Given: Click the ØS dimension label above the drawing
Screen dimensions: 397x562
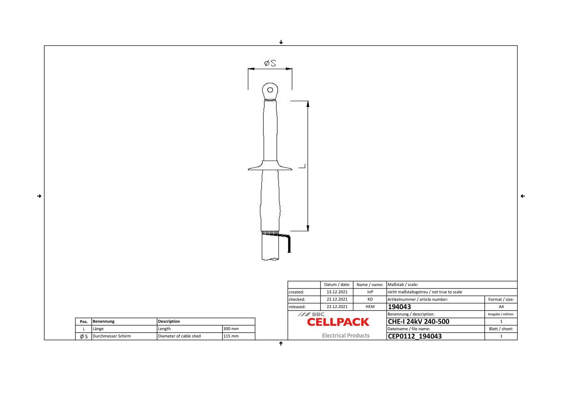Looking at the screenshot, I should click(270, 63).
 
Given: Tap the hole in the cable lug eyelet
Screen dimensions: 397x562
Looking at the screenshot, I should click(270, 90).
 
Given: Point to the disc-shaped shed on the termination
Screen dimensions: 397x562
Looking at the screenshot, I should click(270, 167).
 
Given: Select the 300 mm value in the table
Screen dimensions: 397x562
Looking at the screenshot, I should click(231, 329).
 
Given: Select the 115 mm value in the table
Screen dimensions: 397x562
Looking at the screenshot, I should click(231, 336).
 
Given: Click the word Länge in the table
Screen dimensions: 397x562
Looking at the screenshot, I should click(98, 329).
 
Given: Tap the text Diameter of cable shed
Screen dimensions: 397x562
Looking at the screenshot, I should click(179, 336).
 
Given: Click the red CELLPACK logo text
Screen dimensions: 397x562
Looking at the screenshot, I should click(338, 322).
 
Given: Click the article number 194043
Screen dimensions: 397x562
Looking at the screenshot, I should click(399, 307).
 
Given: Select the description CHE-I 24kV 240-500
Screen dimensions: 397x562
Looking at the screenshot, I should click(418, 322).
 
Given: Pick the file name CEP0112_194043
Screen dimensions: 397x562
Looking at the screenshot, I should click(414, 336).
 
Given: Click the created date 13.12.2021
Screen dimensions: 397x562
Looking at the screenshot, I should click(337, 292).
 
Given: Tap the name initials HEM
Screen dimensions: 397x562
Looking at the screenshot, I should click(370, 307).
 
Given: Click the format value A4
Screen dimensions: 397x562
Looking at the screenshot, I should click(501, 307).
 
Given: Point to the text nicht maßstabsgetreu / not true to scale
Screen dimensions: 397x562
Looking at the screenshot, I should click(425, 292).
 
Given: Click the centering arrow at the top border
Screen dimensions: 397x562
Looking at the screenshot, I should click(281, 42).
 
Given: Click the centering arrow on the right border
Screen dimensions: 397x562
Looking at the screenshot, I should click(523, 196).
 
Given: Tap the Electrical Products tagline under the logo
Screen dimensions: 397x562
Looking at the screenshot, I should click(346, 336).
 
